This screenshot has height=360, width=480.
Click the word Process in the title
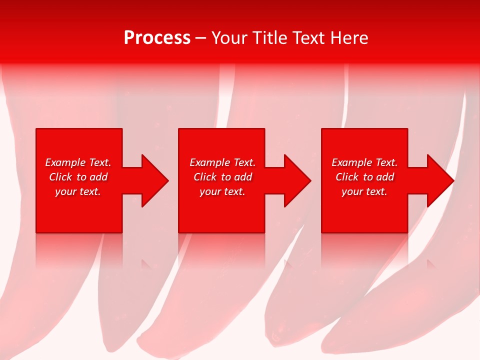click(157, 38)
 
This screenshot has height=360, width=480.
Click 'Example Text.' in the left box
click(78, 162)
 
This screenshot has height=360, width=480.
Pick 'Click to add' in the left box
click(78, 177)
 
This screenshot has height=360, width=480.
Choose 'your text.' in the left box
click(78, 191)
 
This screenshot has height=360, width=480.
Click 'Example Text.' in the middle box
click(222, 162)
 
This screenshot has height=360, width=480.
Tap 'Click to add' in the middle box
click(222, 177)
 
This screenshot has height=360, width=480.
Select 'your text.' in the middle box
click(222, 191)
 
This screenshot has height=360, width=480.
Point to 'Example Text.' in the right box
click(364, 162)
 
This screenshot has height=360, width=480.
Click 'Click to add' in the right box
click(364, 177)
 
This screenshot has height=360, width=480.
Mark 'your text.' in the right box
click(364, 191)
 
